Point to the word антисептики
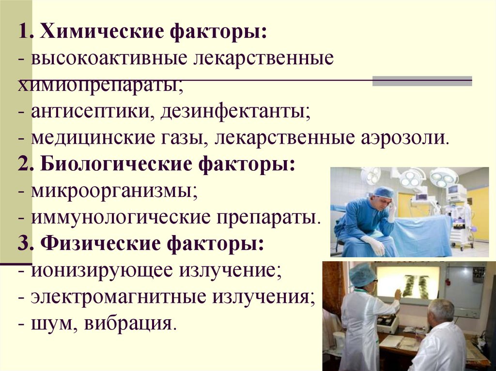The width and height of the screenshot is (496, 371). click(90, 112)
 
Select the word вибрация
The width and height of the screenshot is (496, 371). click(128, 323)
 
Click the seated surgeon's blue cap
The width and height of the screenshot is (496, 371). click(383, 193)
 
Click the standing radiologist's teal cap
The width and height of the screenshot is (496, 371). click(362, 275)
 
